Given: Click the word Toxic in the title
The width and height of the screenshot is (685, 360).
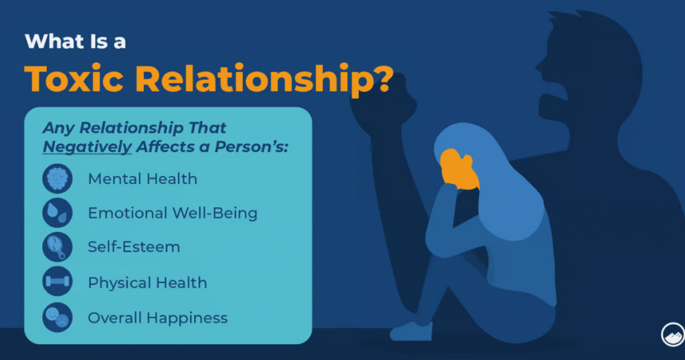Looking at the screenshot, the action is [74, 79].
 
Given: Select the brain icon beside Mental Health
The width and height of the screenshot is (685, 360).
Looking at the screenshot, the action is [58, 179].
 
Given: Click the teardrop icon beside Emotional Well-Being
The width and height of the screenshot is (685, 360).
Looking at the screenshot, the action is [58, 213].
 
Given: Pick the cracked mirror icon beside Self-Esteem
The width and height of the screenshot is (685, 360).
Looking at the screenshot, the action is [58, 247].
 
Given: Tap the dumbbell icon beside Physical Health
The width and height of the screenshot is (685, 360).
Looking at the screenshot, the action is [58, 281].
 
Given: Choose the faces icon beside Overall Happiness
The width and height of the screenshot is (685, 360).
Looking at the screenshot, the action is [58, 318].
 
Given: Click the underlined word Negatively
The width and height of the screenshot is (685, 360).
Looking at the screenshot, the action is [87, 147].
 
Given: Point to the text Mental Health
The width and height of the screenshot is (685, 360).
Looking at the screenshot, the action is [142, 179].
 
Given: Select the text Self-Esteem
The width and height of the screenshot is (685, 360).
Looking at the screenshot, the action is [134, 247].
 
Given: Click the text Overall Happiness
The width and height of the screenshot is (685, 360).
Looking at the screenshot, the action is [158, 318].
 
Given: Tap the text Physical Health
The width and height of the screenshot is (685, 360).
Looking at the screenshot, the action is [148, 282].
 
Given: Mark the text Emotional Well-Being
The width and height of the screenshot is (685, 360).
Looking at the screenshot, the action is [173, 213].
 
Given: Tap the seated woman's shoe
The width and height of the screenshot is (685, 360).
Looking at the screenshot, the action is [411, 331].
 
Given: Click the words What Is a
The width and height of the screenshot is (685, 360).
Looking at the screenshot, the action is [76, 41].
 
